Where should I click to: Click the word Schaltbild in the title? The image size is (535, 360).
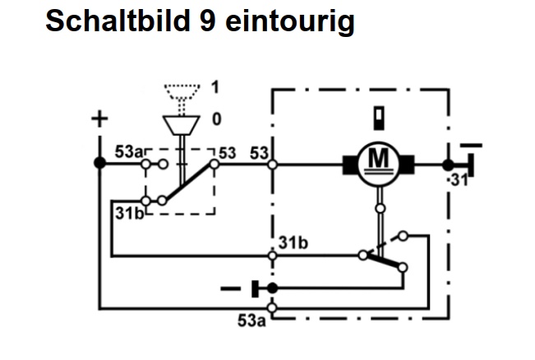(118, 21)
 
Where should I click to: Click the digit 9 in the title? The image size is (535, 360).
(207, 21)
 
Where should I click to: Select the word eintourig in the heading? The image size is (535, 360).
(290, 21)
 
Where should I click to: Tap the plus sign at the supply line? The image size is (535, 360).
(99, 119)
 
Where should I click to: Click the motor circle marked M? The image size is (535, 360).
(378, 164)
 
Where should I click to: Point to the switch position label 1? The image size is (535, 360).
(215, 87)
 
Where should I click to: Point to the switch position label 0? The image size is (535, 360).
(217, 119)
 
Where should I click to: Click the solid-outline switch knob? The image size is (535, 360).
(181, 125)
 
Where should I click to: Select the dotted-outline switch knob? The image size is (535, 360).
(182, 91)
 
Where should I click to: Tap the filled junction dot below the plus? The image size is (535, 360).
(100, 163)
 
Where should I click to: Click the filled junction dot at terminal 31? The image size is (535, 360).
(448, 165)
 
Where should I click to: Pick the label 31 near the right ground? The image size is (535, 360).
(459, 180)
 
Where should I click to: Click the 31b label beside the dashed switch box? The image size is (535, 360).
(129, 214)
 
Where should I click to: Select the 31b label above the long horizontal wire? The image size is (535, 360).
(293, 243)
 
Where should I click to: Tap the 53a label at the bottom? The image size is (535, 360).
(251, 321)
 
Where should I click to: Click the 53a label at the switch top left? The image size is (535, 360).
(129, 152)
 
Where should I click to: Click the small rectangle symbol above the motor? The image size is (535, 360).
(379, 118)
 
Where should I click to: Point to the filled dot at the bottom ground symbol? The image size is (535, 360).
(272, 288)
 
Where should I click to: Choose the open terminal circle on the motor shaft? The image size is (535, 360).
(380, 208)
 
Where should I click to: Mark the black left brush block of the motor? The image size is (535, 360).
(350, 165)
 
